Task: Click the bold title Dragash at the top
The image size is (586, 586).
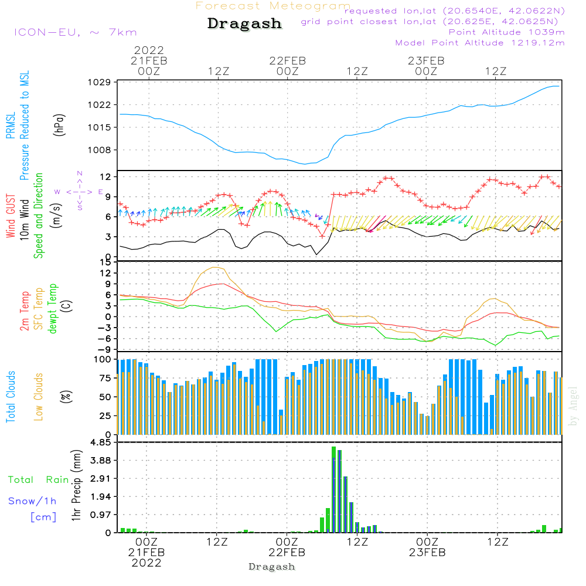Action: [x=244, y=24]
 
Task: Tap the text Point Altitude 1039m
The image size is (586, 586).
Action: [x=506, y=32]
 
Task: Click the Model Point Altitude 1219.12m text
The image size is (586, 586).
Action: [x=480, y=43]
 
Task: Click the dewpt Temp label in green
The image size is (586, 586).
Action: [x=53, y=308]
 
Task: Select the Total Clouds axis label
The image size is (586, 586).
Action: [x=11, y=396]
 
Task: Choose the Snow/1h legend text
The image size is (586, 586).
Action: [x=33, y=501]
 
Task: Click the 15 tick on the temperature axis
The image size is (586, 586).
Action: [x=105, y=262]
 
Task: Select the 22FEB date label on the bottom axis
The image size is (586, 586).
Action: [x=287, y=552]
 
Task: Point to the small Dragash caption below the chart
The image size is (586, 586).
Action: [x=271, y=567]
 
